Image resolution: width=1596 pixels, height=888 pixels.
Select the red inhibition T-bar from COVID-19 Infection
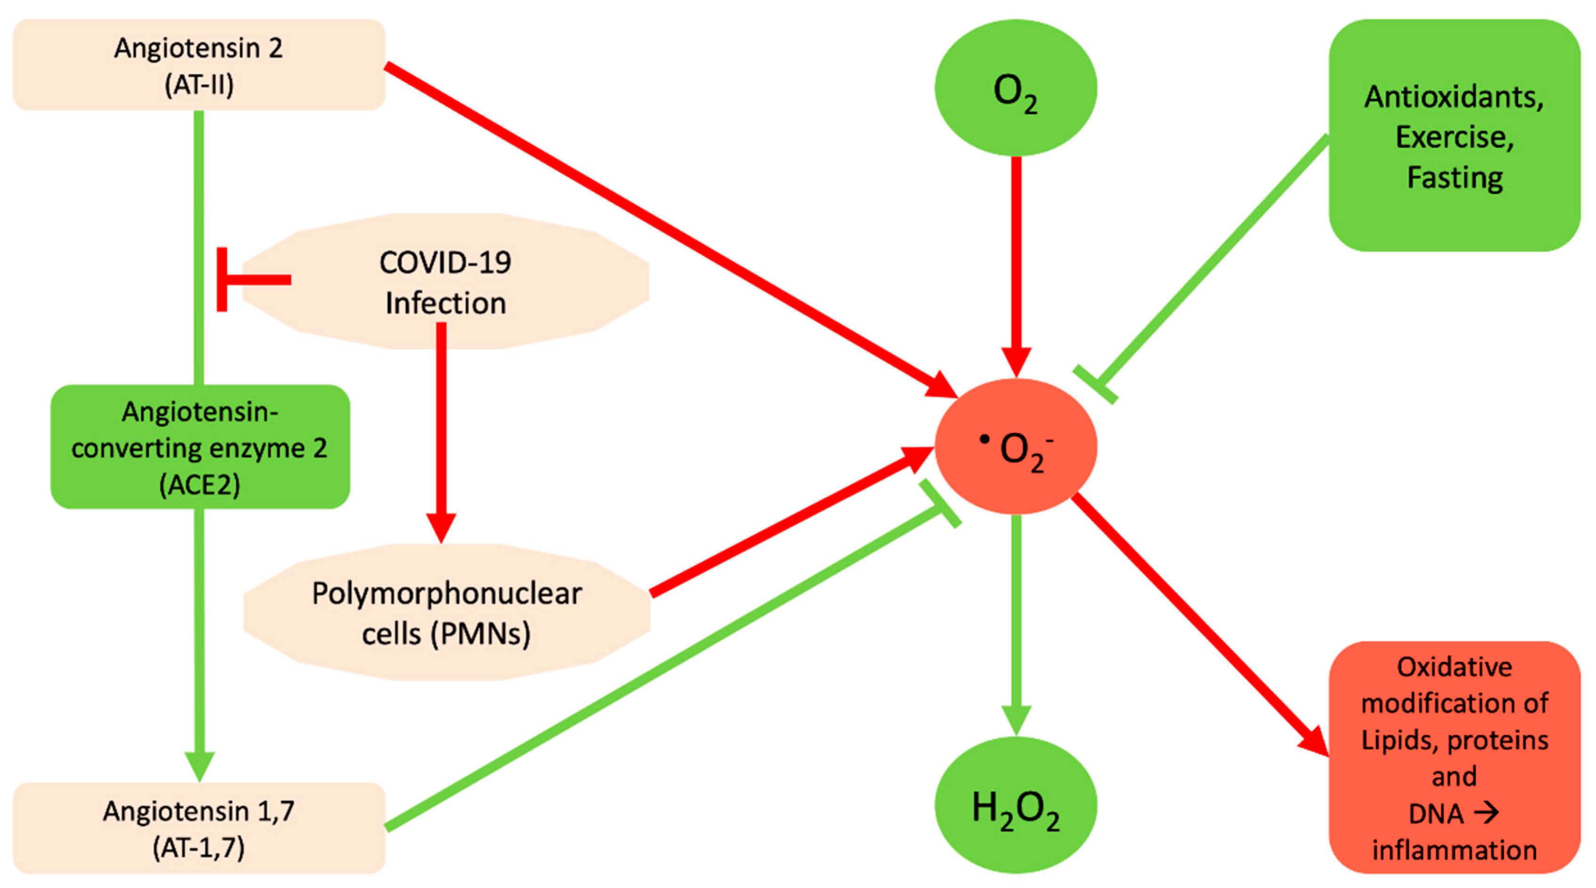point(248,280)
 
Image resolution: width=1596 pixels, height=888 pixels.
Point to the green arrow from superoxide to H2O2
point(1016,620)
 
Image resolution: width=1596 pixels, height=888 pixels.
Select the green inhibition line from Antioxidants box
point(1208,260)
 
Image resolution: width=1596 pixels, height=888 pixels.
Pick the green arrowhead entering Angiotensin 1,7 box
point(199,765)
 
